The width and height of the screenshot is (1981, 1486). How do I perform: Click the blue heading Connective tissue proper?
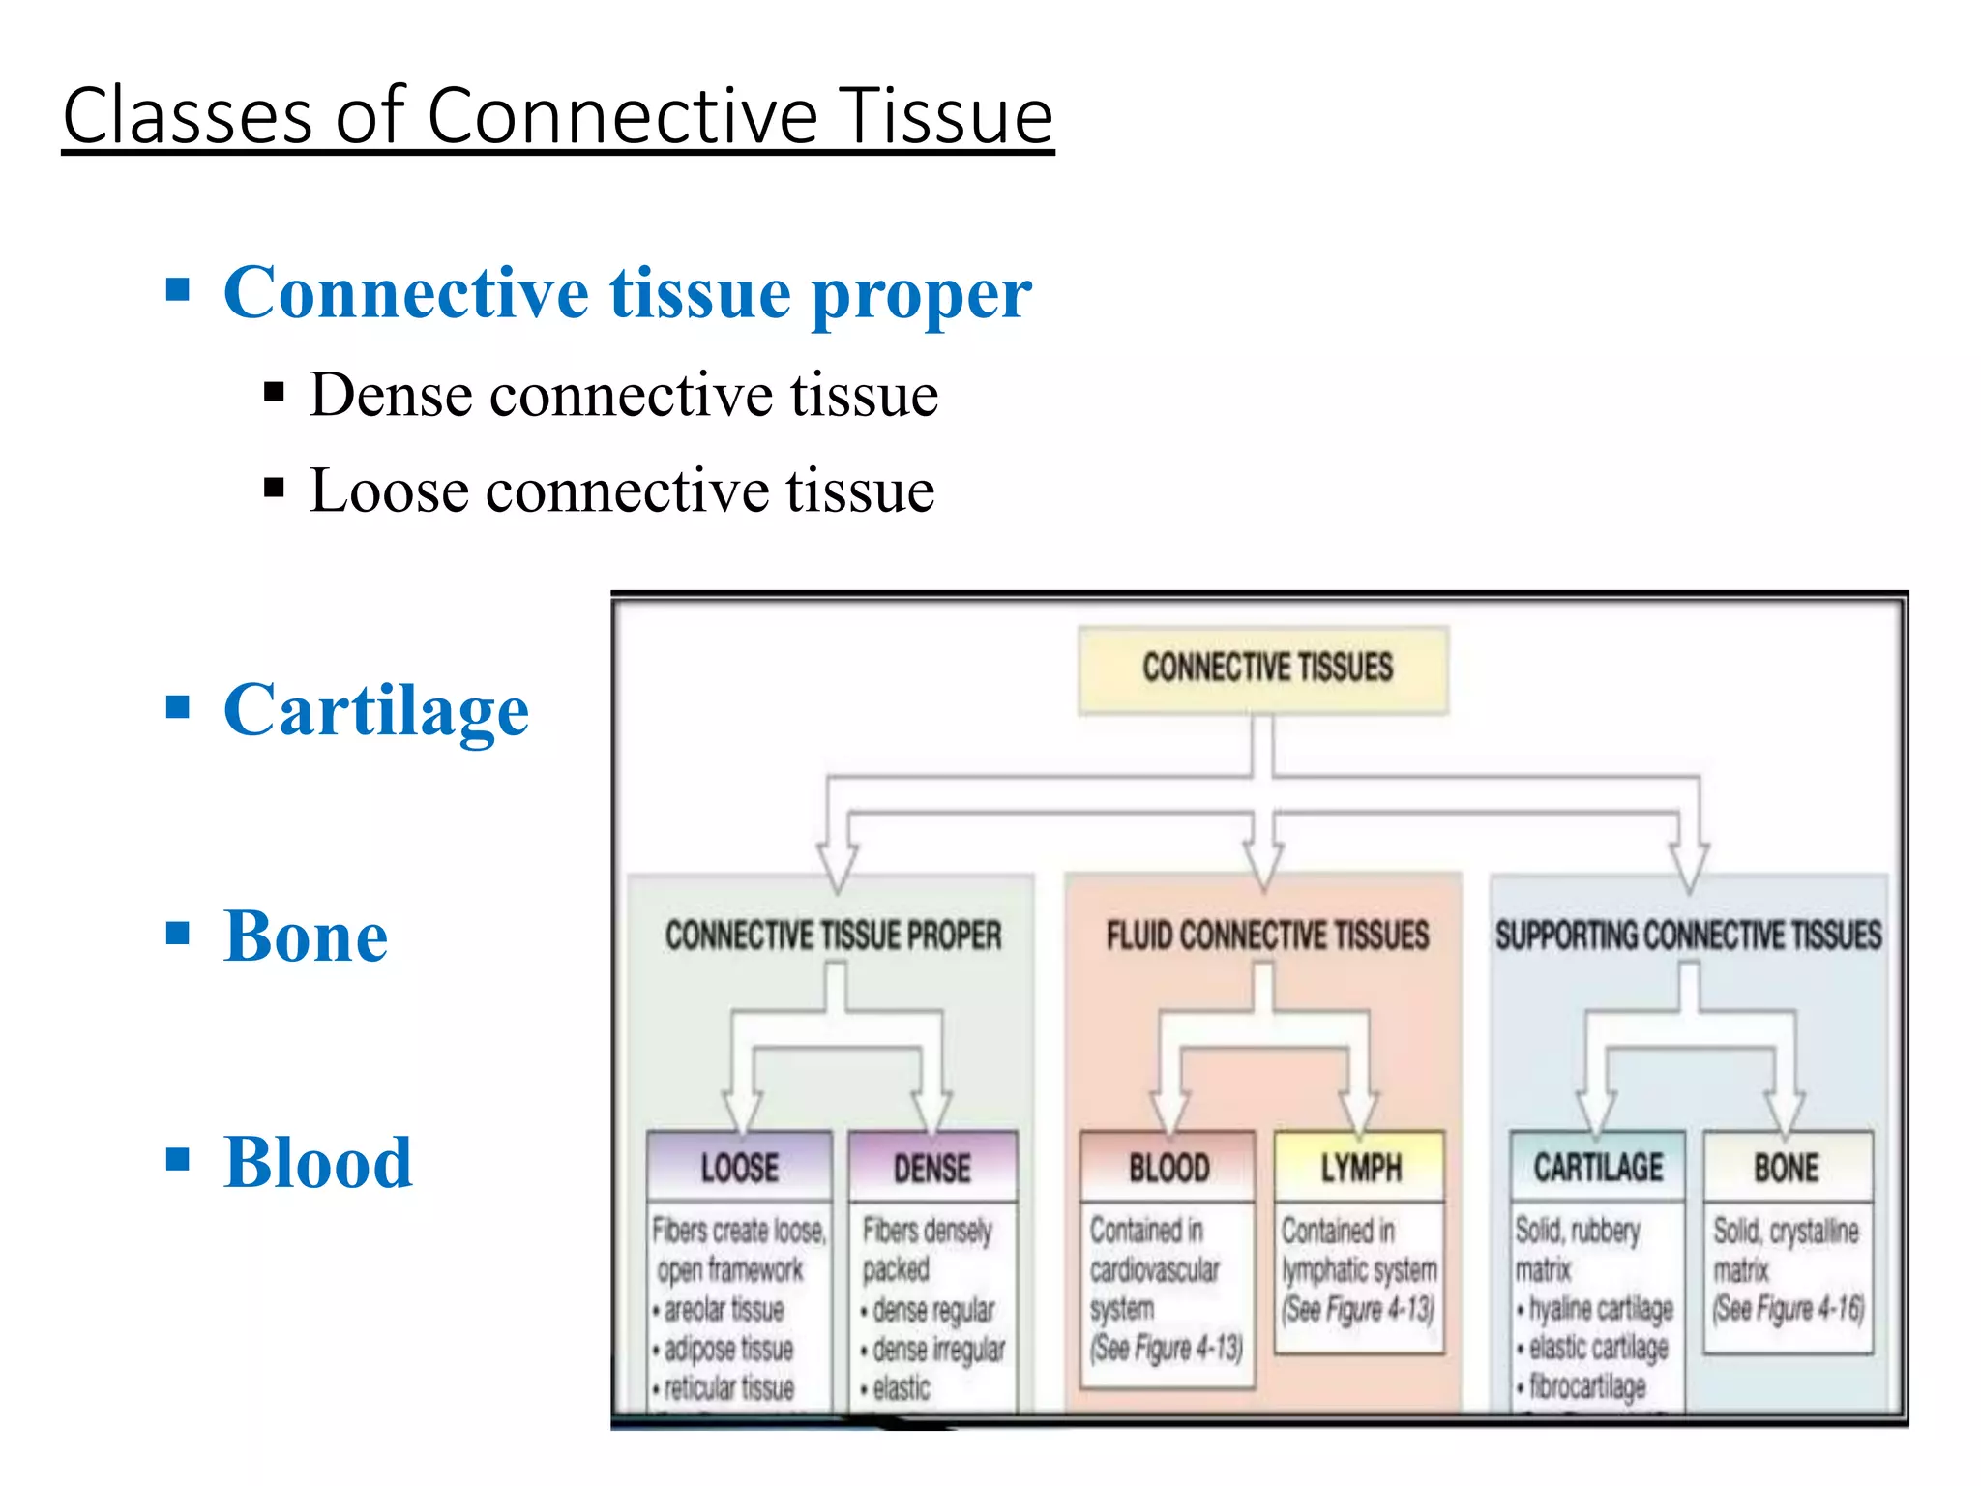(627, 292)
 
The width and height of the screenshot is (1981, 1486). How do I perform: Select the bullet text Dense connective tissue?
(624, 396)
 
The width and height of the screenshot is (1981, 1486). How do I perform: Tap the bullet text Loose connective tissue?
(622, 490)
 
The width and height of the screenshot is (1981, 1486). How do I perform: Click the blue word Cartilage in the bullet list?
(376, 710)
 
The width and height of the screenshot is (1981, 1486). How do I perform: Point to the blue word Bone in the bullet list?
(306, 936)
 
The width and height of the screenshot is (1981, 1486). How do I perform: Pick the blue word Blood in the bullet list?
(317, 1162)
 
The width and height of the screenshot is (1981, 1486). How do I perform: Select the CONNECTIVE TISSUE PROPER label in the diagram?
(833, 936)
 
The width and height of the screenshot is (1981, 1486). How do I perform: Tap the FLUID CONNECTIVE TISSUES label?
(1267, 936)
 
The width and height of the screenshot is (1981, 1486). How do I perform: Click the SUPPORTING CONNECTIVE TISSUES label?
(1689, 936)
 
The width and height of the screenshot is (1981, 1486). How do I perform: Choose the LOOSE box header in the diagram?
(740, 1168)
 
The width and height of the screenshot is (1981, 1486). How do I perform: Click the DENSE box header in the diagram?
(931, 1168)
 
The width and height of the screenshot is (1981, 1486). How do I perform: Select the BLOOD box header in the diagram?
(1168, 1168)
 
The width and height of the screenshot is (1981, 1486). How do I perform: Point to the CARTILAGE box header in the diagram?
(1598, 1168)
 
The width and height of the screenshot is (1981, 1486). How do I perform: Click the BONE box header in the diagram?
(1787, 1168)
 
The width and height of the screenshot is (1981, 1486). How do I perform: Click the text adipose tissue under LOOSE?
(728, 1349)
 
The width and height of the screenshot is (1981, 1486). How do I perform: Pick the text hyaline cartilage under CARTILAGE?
(1601, 1309)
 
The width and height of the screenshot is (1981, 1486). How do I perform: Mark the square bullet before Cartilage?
(178, 707)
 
